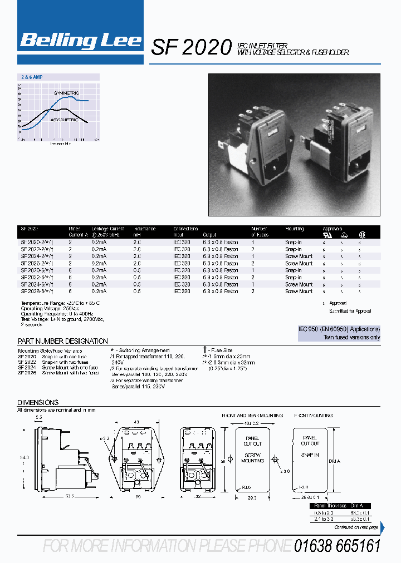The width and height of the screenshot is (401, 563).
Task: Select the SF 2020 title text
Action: click(x=191, y=48)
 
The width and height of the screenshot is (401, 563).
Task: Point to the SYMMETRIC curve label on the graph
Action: click(x=67, y=92)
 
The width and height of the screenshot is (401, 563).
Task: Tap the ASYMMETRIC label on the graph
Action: click(x=65, y=120)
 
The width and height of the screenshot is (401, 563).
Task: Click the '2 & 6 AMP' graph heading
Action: click(x=32, y=77)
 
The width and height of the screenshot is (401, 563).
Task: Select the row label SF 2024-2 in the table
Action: click(x=37, y=256)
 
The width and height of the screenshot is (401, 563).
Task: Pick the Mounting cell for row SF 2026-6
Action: click(x=299, y=292)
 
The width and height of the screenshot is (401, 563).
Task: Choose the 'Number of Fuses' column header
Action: click(x=260, y=231)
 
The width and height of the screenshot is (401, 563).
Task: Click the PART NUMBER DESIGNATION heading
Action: click(x=63, y=341)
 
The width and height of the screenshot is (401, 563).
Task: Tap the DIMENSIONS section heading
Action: click(x=38, y=402)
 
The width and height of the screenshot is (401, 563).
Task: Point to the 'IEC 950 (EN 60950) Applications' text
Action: click(x=339, y=329)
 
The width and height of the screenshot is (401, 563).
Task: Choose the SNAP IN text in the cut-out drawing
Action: click(x=310, y=455)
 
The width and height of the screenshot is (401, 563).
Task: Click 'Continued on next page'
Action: click(x=355, y=527)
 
